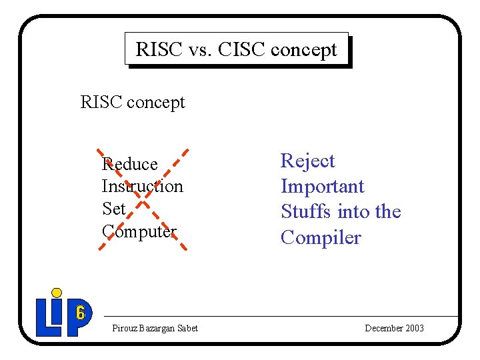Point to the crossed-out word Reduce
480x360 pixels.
(x=129, y=164)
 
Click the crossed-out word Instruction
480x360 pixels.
(x=142, y=187)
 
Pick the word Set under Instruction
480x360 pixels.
(x=113, y=209)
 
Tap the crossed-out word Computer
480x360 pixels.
(x=139, y=231)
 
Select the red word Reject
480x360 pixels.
(x=307, y=161)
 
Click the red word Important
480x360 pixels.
(x=322, y=187)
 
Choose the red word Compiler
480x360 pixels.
(x=321, y=237)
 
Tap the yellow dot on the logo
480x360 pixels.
(x=57, y=293)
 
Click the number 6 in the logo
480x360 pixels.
(x=80, y=311)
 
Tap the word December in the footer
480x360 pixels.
(x=383, y=328)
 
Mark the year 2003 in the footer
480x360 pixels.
(x=413, y=328)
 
